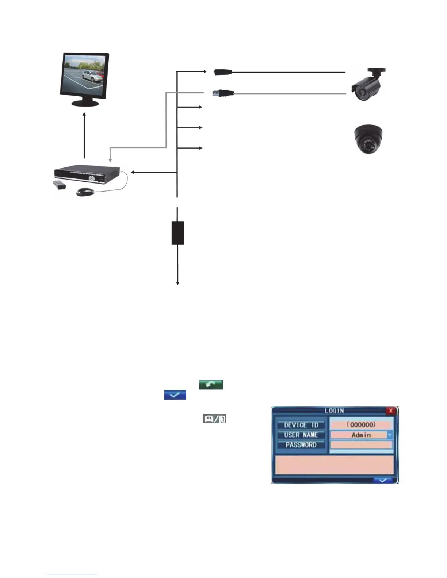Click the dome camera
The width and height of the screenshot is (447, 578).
369,139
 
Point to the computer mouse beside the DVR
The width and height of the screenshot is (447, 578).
85,192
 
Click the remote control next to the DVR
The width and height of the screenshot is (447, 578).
59,185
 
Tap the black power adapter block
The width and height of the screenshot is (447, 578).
177,233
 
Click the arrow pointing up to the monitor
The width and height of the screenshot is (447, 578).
84,135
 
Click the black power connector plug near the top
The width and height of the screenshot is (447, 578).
223,72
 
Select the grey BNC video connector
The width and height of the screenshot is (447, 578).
223,93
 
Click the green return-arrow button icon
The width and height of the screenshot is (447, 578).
211,385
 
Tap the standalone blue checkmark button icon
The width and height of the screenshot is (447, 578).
175,394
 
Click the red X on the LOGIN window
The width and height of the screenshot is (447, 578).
391,411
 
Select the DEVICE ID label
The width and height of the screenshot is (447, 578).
301,425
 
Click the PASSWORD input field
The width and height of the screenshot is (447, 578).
361,445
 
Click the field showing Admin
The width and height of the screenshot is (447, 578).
359,435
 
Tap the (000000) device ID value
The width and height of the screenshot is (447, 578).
361,425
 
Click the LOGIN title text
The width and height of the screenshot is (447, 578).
334,411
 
